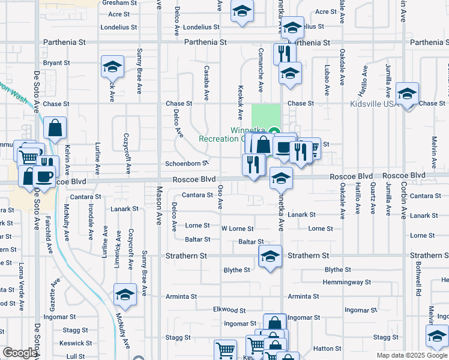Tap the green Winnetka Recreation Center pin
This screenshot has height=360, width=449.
pyautogui.click(x=274, y=133)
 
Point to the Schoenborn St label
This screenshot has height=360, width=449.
pyautogui.click(x=187, y=163)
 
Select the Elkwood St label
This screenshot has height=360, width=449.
pyautogui.click(x=229, y=310)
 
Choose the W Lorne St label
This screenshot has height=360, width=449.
pyautogui.click(x=238, y=229)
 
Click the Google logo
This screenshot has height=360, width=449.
pyautogui.click(x=19, y=353)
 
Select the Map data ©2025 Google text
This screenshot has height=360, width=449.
pyautogui.click(x=412, y=355)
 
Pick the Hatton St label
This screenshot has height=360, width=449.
pyautogui.click(x=327, y=349)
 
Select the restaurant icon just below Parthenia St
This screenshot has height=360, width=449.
pyautogui.click(x=284, y=53)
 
